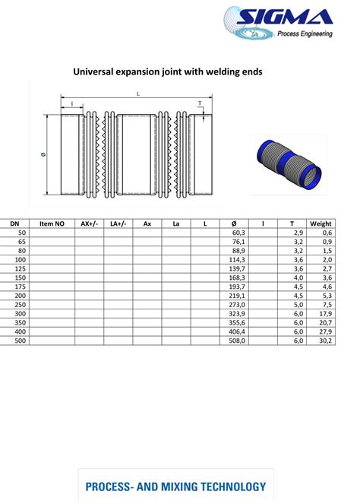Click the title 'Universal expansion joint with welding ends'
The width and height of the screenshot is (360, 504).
pyautogui.click(x=167, y=72)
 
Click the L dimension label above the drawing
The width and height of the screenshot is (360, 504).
pyautogui.click(x=137, y=94)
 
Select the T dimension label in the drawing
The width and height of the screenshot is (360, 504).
pyautogui.click(x=200, y=103)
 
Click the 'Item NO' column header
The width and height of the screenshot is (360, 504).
pyautogui.click(x=52, y=223)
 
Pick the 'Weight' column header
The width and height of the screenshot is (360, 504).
pyautogui.click(x=321, y=223)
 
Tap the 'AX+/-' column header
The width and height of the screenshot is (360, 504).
pyautogui.click(x=89, y=223)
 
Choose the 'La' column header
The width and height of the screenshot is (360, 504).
pyautogui.click(x=176, y=223)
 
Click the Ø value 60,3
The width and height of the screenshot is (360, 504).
pyautogui.click(x=238, y=233)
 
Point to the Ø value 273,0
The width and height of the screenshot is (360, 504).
pyautogui.click(x=238, y=305)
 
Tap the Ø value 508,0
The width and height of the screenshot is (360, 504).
pyautogui.click(x=238, y=341)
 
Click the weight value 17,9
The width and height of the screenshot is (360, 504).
pyautogui.click(x=326, y=314)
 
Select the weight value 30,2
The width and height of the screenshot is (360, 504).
pyautogui.click(x=326, y=341)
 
